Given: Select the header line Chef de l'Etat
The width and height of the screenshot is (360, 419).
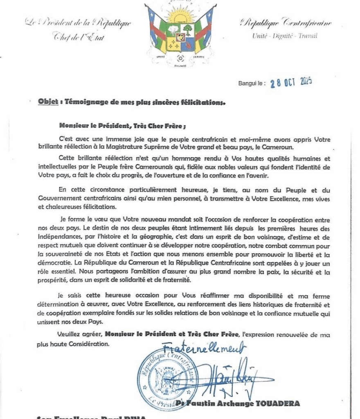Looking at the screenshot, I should (79, 38).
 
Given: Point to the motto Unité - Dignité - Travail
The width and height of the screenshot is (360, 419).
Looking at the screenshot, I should (285, 36).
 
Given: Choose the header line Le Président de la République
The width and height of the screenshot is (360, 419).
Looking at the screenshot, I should (78, 23).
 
